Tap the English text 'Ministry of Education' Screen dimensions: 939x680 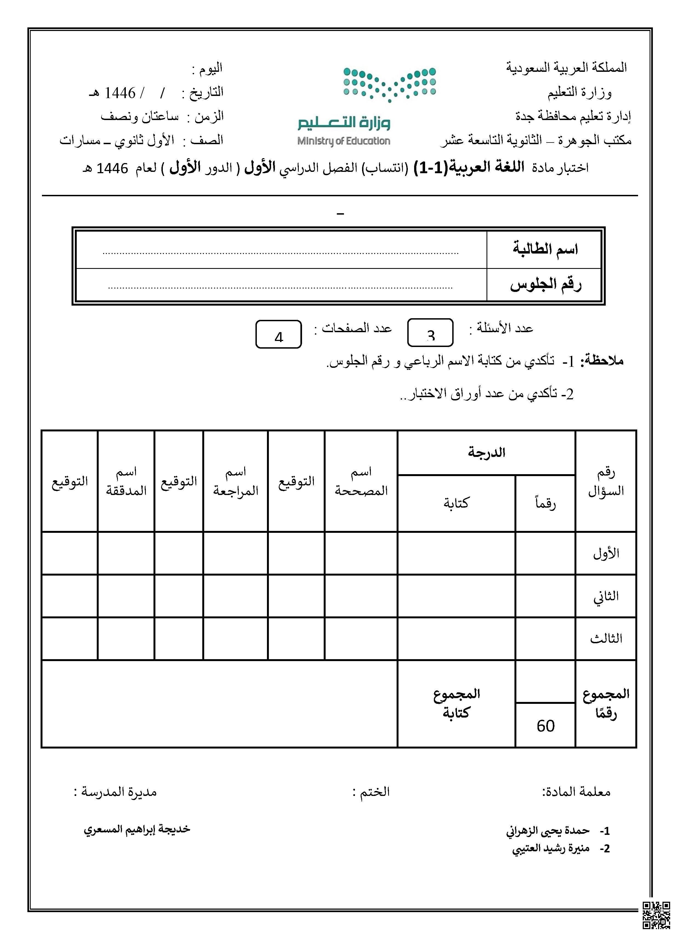[344, 141]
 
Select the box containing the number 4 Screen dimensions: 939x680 [278, 334]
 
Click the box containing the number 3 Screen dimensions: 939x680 [430, 333]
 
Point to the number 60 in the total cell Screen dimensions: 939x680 [545, 726]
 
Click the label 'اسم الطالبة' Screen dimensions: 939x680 [545, 249]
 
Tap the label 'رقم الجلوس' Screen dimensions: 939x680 [545, 285]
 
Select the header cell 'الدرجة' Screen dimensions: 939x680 [486, 453]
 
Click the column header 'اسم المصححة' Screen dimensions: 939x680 [361, 481]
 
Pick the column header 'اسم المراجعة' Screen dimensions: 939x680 [236, 481]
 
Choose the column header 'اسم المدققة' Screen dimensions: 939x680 [126, 481]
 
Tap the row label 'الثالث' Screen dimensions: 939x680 [606, 638]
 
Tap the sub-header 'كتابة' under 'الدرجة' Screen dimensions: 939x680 [456, 503]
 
